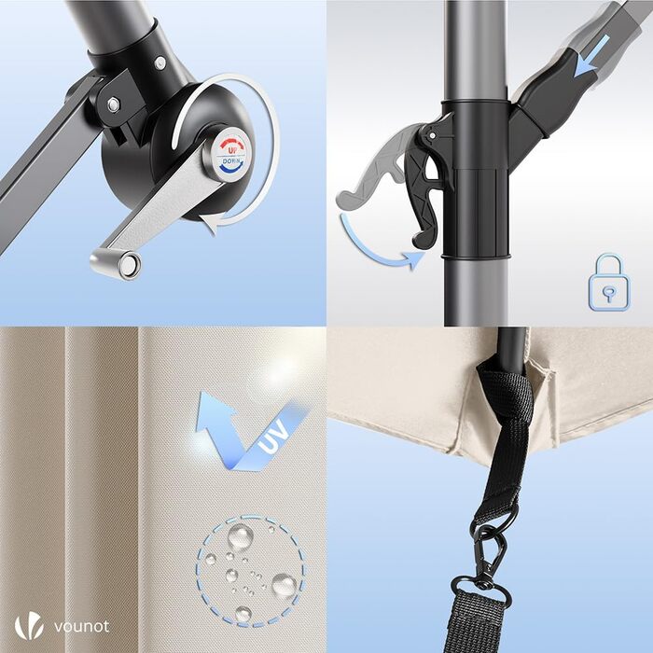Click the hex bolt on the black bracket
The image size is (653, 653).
(x=113, y=104)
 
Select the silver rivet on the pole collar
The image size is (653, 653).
(x=160, y=63)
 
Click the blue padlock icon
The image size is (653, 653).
(x=609, y=282)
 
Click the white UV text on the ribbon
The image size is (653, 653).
(x=273, y=437)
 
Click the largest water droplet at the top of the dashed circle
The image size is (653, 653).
(x=241, y=536)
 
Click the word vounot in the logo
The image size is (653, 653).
(x=82, y=626)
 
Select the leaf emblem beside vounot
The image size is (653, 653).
(x=29, y=627)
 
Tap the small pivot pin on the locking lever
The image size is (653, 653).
(x=433, y=135)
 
